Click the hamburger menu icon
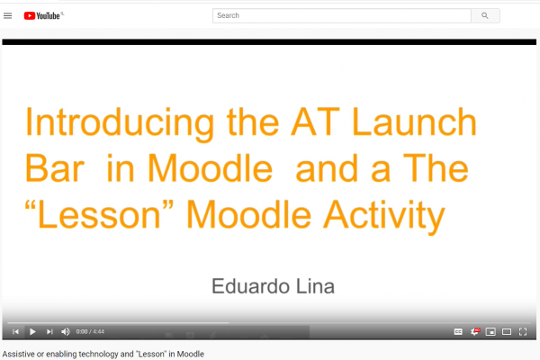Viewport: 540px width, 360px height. coord(7,15)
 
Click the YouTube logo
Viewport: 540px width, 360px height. coord(43,15)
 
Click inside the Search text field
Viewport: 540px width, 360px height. coord(342,15)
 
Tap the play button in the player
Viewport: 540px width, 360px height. coord(32,331)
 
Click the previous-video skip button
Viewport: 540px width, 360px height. coord(15,331)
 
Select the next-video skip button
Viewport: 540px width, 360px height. coord(49,331)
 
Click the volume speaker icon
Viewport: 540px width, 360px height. coord(66,331)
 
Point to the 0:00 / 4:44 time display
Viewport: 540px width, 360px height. coord(90,331)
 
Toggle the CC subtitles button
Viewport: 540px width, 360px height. coord(458,331)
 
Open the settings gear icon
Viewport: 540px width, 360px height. coord(474,331)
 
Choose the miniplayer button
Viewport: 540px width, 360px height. coord(490,331)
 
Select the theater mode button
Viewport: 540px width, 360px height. coord(507,331)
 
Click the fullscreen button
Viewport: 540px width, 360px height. coord(523,331)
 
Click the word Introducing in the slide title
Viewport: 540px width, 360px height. coord(120,123)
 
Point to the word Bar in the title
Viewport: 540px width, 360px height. coord(55,168)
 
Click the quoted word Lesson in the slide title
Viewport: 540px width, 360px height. coord(99,214)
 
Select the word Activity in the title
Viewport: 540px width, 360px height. coord(384,216)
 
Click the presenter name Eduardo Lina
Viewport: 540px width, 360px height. coord(273,286)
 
